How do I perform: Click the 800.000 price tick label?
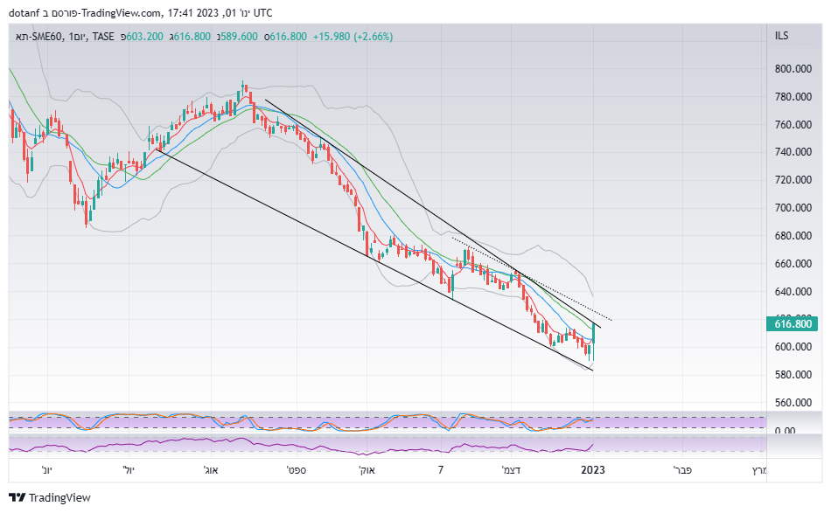click(793, 69)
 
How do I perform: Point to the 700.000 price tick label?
click(793, 208)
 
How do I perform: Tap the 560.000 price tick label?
click(793, 403)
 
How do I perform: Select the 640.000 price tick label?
click(793, 292)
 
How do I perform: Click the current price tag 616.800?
click(793, 324)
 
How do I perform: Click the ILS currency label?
click(781, 36)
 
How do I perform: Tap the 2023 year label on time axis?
click(594, 470)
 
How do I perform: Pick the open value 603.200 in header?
click(143, 37)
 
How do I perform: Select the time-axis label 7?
click(442, 470)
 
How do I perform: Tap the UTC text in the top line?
click(261, 12)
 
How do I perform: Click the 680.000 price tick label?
click(793, 236)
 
